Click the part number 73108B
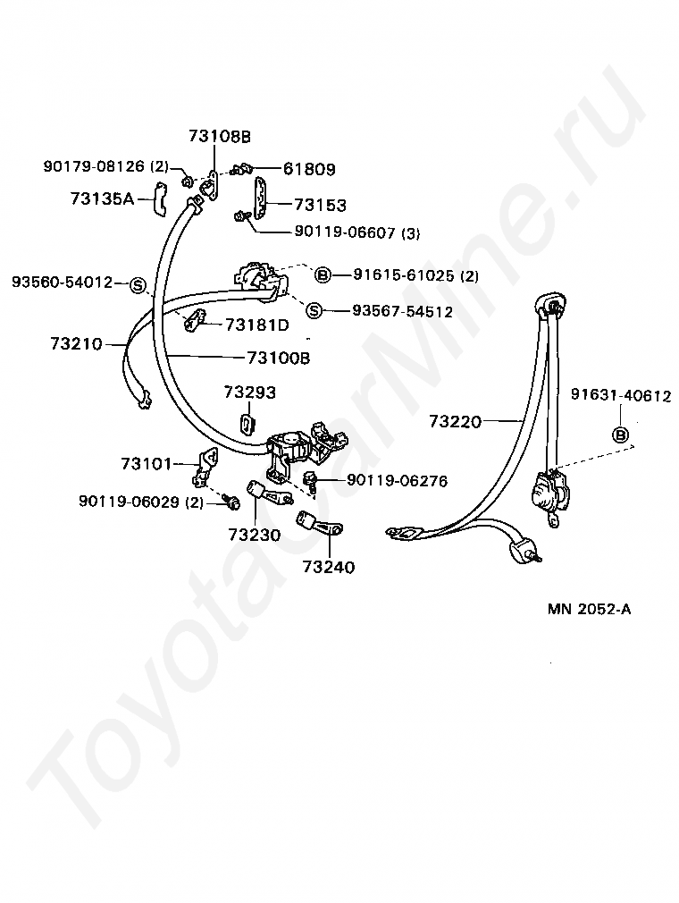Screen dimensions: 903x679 click(220, 136)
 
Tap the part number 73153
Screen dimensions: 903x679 click(320, 205)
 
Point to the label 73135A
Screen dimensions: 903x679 click(102, 198)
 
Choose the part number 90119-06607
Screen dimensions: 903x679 click(344, 232)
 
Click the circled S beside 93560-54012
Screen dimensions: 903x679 click(138, 284)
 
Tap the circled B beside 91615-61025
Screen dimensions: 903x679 click(323, 274)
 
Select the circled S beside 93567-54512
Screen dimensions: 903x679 click(314, 311)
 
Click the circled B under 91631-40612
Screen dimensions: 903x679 click(620, 435)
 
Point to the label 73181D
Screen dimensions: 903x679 click(256, 324)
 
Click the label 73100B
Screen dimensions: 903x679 click(278, 358)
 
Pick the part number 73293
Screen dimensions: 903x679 click(249, 392)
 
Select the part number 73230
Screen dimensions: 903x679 click(254, 536)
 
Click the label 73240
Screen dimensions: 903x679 click(328, 566)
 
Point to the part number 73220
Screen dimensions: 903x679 click(455, 420)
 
